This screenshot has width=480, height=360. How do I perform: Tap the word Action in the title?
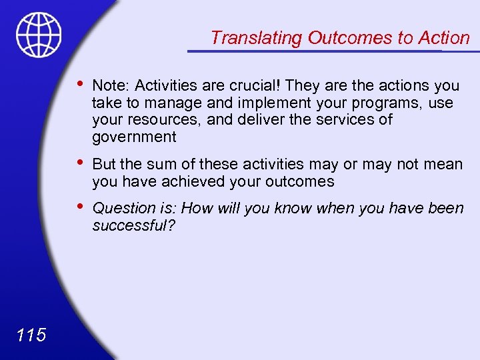click(x=444, y=38)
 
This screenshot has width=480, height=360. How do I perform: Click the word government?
click(x=134, y=137)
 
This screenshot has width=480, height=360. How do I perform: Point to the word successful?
click(x=133, y=225)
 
